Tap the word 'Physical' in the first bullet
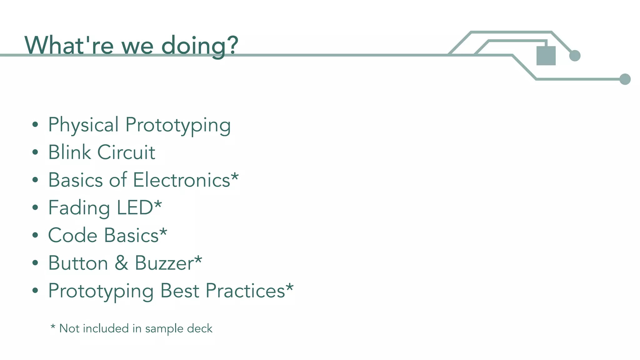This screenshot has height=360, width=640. pos(83,125)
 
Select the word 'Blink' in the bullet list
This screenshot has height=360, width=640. pos(69,152)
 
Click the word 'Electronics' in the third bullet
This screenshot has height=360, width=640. pos(182,180)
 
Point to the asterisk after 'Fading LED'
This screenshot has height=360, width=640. pos(158,204)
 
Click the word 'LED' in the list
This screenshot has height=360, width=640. pos(135,207)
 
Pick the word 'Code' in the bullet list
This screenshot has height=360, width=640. pos(72,235)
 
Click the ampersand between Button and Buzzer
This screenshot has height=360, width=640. pos(121,263)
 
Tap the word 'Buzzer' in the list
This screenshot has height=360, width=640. pos(164,263)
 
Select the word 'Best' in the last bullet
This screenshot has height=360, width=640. pos(179,291)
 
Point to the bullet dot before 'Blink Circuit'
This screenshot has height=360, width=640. pos(35,152)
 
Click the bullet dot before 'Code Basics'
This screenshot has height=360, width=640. pos(35,235)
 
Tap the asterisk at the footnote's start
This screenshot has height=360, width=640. pos(53,327)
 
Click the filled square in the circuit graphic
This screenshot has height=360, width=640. pos(546,56)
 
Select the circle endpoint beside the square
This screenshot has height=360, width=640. pos(575,56)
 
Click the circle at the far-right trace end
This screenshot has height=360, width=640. pos(625,79)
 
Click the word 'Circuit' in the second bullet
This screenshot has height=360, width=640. pos(126,152)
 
